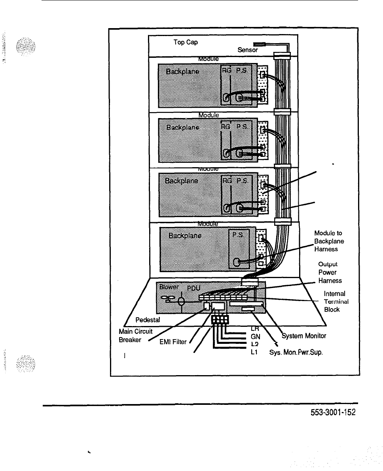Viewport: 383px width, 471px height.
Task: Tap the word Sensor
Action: coord(248,50)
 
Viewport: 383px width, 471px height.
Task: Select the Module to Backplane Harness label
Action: coord(329,241)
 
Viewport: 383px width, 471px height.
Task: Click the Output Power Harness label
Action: coord(330,272)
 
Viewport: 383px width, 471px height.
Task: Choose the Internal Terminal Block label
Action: coord(335,301)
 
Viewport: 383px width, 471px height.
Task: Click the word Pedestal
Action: coord(147,319)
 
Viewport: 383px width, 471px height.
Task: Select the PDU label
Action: coord(194,288)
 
